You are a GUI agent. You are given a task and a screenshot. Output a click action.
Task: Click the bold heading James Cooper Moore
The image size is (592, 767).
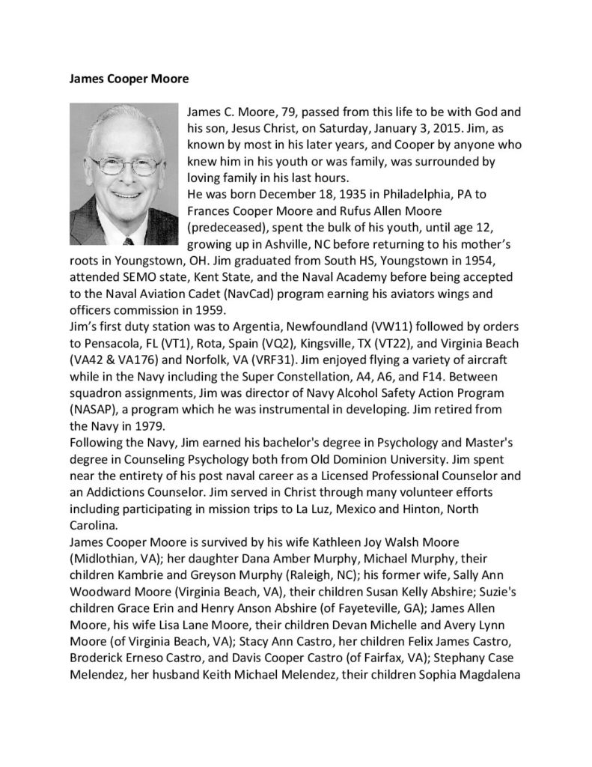114,77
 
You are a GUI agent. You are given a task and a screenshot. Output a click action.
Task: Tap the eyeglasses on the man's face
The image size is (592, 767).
120,165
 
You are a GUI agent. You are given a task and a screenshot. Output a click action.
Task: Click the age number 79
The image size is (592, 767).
287,112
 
